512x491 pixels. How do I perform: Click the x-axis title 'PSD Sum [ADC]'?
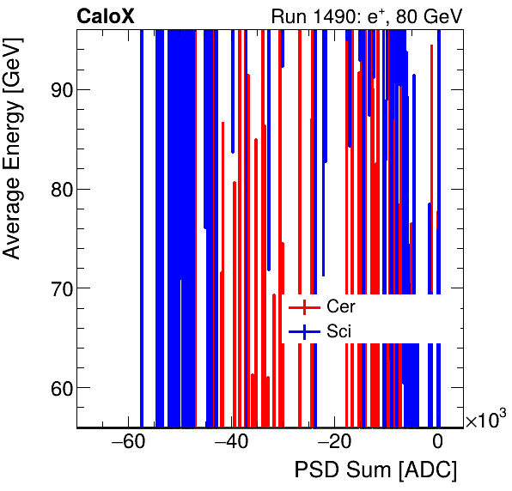click(375, 470)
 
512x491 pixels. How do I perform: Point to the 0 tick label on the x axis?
click(437, 442)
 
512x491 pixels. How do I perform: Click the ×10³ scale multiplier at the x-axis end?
click(486, 420)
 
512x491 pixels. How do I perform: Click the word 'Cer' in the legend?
click(340, 306)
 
